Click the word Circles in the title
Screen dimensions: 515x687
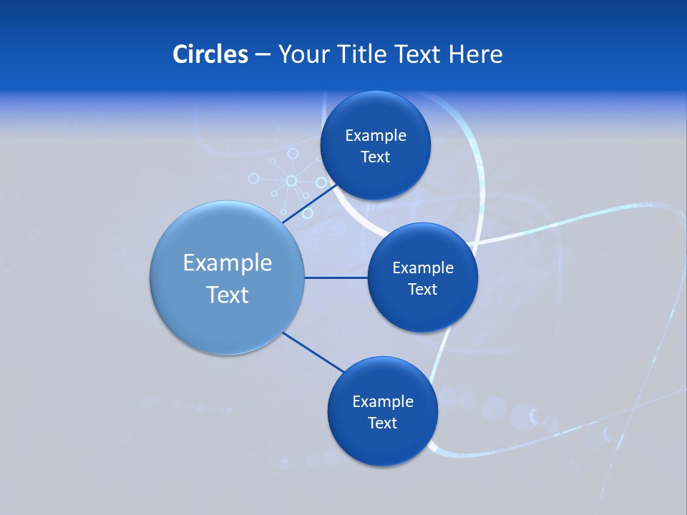(x=210, y=54)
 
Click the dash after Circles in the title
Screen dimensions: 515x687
(x=263, y=55)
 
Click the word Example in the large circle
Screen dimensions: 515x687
(x=228, y=263)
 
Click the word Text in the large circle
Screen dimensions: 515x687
(x=228, y=295)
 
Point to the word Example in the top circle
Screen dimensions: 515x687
(x=376, y=136)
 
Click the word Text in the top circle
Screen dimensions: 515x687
(x=375, y=157)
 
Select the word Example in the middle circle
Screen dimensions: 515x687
(x=423, y=268)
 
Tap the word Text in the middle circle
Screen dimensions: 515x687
(x=422, y=290)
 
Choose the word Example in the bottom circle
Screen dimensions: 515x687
(x=383, y=402)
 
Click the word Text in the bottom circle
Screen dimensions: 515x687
(x=382, y=423)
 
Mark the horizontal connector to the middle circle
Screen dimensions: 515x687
(x=336, y=278)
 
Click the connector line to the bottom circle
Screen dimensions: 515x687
(x=313, y=352)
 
